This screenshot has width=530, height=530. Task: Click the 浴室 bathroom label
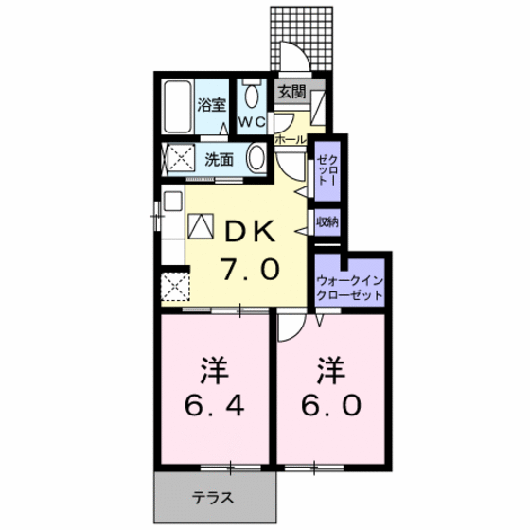210,105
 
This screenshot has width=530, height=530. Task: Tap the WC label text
250,123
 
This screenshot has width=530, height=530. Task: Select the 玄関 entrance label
291,93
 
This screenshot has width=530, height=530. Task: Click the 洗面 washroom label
220,159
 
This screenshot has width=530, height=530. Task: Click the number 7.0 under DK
250,269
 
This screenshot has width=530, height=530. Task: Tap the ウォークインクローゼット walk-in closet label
350,288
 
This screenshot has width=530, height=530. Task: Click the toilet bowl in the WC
252,98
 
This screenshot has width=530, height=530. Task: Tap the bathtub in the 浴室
177,109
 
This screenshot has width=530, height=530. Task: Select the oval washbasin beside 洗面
256,159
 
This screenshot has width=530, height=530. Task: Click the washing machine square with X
177,159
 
